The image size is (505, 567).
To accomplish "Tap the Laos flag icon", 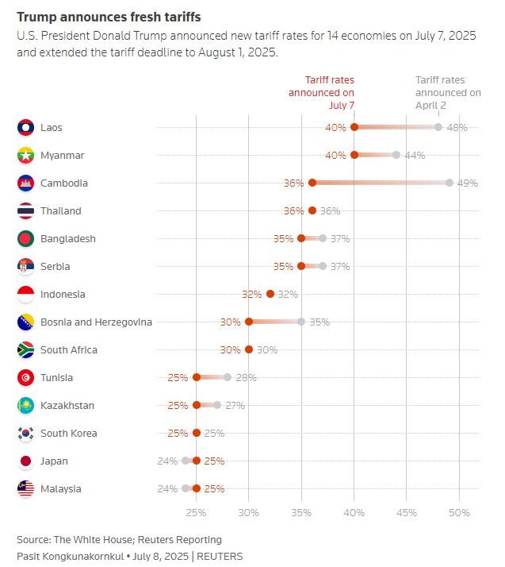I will coord(25,127).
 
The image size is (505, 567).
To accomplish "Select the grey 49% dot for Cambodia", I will coord(450,183).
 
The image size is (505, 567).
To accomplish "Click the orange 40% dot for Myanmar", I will coord(354,155).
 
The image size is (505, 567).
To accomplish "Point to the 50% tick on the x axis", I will coord(459,512).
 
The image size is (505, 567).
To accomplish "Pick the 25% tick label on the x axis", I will coord(196,512).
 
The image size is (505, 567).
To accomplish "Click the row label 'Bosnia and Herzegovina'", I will coord(96,322).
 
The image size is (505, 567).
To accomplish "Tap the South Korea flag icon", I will coord(25,433).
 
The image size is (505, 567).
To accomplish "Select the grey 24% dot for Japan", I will coord(186,461).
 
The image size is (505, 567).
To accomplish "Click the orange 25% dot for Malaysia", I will coord(197,488).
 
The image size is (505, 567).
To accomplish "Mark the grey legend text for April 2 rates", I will coord(448,92).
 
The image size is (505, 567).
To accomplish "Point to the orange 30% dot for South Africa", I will coord(249,349).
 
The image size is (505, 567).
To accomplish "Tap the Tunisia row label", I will coord(56,377).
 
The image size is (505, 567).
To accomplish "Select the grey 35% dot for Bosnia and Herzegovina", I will coord(301,322).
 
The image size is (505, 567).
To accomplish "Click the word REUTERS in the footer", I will coord(221,556).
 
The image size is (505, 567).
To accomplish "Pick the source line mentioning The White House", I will coord(119,540).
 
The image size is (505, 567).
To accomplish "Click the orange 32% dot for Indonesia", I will coord(270,294).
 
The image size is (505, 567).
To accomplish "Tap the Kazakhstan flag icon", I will coord(25,405).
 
